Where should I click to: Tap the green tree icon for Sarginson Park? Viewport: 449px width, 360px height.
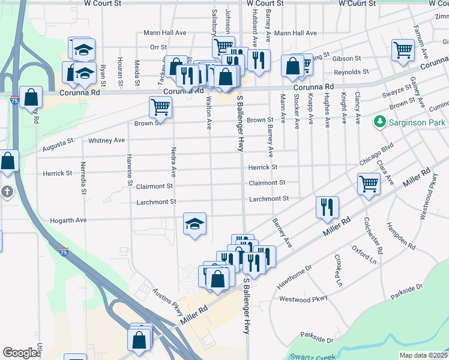(379, 122)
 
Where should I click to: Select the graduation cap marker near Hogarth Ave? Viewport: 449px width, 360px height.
(195, 224)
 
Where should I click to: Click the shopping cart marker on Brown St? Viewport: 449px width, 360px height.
(160, 108)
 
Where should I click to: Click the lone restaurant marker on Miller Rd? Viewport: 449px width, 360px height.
(327, 207)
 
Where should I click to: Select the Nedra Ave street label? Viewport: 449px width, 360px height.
(173, 162)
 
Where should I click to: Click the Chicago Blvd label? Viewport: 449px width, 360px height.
(376, 154)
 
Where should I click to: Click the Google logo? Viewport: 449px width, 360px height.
(20, 353)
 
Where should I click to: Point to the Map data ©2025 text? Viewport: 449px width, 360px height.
(423, 355)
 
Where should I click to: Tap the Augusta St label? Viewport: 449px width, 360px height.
(58, 145)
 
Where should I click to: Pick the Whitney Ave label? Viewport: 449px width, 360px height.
(106, 140)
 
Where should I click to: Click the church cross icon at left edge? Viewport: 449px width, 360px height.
(7, 193)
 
